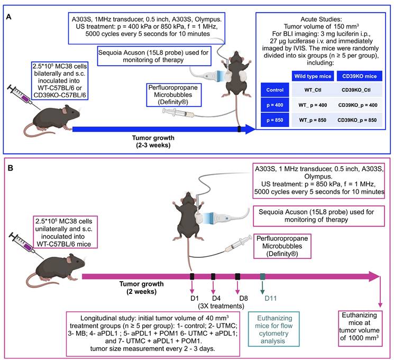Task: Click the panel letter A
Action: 9,17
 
